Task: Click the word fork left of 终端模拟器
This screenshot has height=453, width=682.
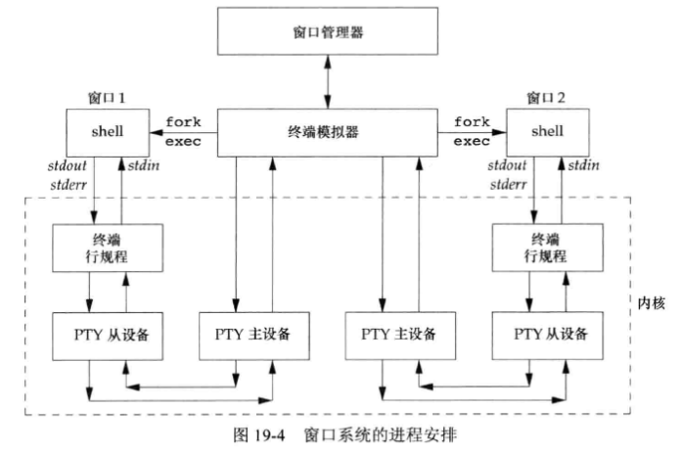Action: [x=183, y=123]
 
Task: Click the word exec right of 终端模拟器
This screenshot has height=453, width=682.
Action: [x=472, y=142]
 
